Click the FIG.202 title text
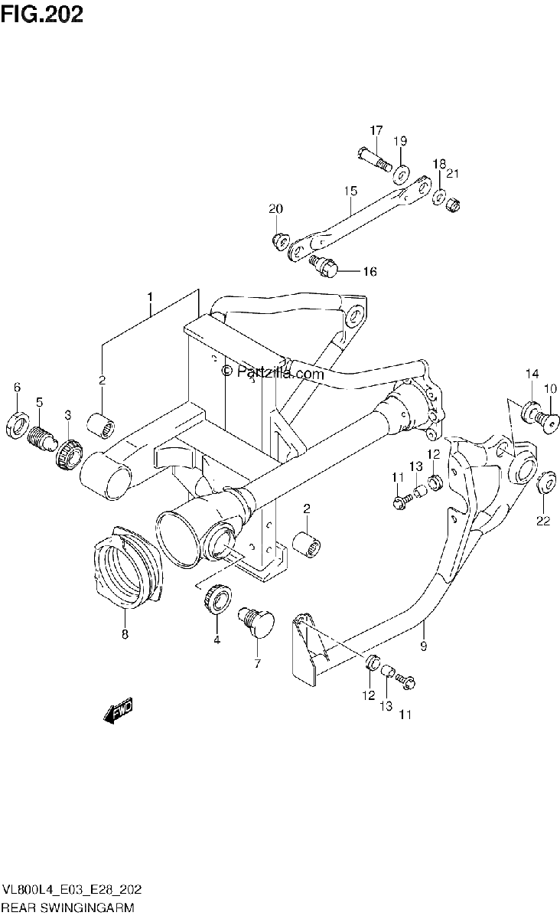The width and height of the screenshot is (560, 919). [42, 14]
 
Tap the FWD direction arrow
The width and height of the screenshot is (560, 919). [119, 709]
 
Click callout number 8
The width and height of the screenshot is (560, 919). [125, 634]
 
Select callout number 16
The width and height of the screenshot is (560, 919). [370, 271]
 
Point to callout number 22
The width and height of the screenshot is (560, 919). [543, 521]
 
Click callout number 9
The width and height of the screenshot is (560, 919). [424, 646]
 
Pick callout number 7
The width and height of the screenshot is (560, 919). [257, 663]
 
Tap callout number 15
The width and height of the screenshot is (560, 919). [350, 191]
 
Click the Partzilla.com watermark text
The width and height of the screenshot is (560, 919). [272, 372]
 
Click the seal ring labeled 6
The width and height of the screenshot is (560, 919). [18, 423]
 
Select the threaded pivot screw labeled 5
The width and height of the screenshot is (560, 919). [41, 437]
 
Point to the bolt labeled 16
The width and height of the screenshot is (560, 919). [324, 267]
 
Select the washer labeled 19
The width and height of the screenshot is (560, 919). [401, 175]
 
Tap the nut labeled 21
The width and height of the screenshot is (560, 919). [453, 204]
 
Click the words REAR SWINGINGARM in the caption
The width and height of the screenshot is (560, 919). [67, 907]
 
